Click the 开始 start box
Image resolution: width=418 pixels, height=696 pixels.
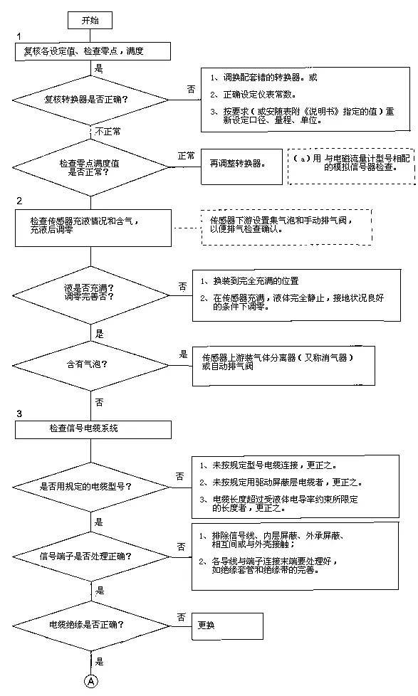pyautogui.click(x=90, y=20)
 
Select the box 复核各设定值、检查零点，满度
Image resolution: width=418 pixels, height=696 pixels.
pyautogui.click(x=93, y=51)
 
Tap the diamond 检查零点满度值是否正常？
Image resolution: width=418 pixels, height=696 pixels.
pyautogui.click(x=93, y=167)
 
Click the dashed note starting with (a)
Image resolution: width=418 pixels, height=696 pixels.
pyautogui.click(x=348, y=166)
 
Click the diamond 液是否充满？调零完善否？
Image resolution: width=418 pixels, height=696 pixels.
pyautogui.click(x=93, y=293)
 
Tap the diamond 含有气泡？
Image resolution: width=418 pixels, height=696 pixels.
pyautogui.click(x=93, y=365)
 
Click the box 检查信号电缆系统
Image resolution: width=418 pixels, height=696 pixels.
pyautogui.click(x=93, y=429)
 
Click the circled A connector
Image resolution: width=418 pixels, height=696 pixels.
pyautogui.click(x=91, y=680)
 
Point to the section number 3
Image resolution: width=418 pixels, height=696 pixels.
pyautogui.click(x=19, y=413)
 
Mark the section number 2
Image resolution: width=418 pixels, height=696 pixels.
pyautogui.click(x=19, y=201)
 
